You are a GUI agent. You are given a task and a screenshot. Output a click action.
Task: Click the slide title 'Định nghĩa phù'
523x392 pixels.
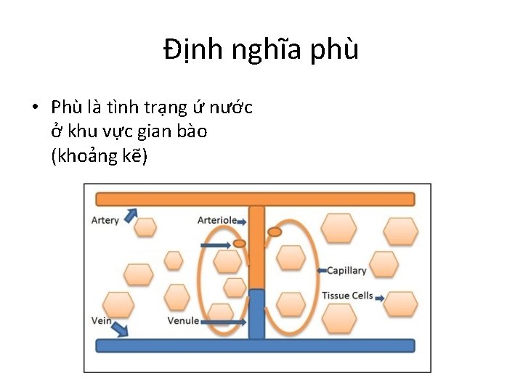(261, 50)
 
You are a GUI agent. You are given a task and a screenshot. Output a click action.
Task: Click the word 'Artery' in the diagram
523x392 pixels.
(105, 220)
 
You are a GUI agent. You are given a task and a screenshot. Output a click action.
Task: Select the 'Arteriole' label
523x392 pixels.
(217, 220)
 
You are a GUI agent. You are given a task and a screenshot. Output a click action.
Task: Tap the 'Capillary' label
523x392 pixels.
(346, 271)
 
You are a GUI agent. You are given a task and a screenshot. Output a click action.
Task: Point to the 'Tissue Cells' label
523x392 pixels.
(347, 295)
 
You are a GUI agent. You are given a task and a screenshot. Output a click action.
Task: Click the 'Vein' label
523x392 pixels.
(102, 320)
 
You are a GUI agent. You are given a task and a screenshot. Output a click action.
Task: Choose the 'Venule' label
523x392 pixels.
(183, 320)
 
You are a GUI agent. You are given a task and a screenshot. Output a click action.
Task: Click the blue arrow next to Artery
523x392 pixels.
(131, 216)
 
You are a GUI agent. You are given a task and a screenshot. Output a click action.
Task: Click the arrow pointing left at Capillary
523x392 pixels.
(322, 271)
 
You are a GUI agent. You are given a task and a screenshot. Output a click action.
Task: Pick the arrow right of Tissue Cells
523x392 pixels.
(379, 296)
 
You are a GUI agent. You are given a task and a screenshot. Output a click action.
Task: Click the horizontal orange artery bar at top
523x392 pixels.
(255, 199)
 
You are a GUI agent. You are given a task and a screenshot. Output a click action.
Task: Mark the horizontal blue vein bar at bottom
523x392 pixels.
(255, 346)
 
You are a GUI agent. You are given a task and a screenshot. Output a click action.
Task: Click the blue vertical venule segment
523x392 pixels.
(256, 314)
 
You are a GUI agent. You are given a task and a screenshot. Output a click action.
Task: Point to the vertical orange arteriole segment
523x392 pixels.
(256, 247)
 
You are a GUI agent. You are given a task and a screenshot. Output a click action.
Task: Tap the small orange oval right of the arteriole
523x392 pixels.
(275, 232)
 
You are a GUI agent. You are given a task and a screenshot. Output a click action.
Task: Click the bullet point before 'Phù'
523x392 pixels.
(35, 108)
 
